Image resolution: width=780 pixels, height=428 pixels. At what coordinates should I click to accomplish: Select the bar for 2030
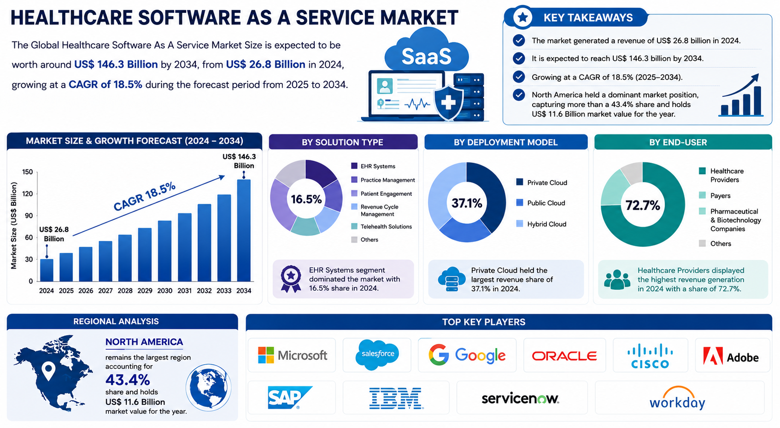pyautogui.click(x=164, y=251)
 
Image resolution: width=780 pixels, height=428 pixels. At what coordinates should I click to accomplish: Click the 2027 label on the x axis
pyautogui.click(x=106, y=291)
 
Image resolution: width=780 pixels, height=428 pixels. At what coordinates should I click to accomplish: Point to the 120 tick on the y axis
pyautogui.click(x=28, y=193)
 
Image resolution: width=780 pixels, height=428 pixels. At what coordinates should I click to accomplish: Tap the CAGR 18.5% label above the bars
pyautogui.click(x=145, y=197)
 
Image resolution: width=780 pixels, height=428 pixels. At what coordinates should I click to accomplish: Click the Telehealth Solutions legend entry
pyautogui.click(x=381, y=227)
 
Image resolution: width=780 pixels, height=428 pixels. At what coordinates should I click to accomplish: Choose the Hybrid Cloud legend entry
pyautogui.click(x=541, y=224)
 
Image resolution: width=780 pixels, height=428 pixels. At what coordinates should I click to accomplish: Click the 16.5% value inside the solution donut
pyautogui.click(x=306, y=199)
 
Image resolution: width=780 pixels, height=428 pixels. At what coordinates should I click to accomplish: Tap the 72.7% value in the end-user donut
pyautogui.click(x=642, y=205)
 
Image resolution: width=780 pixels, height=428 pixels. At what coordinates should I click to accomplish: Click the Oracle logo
pyautogui.click(x=564, y=356)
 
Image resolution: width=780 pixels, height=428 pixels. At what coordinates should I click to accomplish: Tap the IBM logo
pyautogui.click(x=396, y=398)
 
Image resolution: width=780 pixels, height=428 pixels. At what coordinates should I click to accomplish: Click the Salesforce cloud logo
pyautogui.click(x=377, y=354)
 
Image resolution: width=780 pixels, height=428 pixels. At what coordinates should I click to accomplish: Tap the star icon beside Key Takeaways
pyautogui.click(x=522, y=17)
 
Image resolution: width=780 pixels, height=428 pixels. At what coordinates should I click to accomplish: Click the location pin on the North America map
pyautogui.click(x=48, y=371)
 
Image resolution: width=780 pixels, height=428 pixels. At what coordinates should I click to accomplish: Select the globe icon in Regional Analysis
pyautogui.click(x=208, y=387)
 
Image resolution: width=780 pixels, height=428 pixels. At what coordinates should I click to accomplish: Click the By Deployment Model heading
pyautogui.click(x=505, y=142)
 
